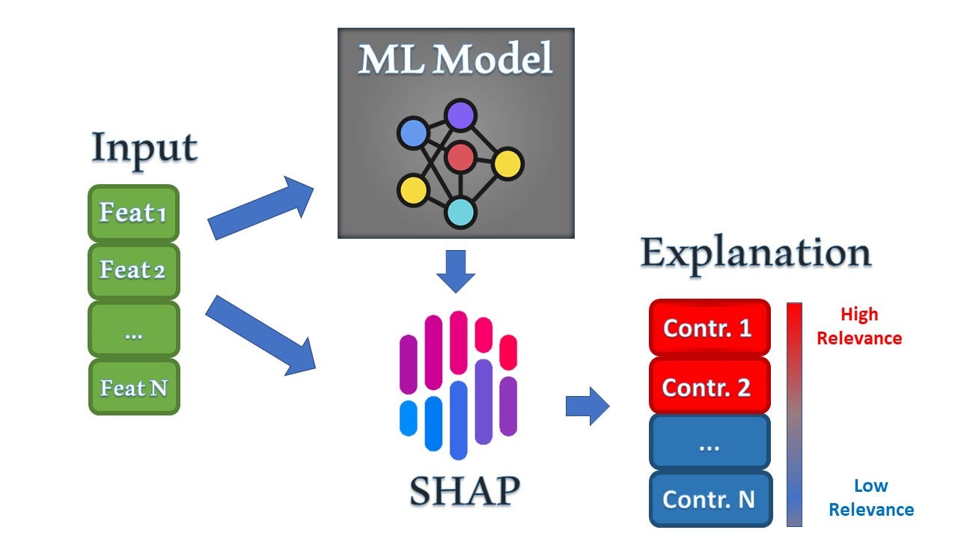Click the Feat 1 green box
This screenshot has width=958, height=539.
point(133,213)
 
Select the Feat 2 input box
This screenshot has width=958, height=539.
point(133,270)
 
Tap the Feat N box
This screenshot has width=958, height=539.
point(133,388)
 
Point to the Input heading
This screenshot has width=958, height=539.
point(144,148)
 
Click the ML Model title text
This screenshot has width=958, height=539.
point(455,59)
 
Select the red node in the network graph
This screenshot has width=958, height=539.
point(460,156)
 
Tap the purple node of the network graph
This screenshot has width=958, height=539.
point(461,115)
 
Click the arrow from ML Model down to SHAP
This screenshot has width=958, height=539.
point(455,271)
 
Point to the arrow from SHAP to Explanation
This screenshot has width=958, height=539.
point(588,406)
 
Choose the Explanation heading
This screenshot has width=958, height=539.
point(755,254)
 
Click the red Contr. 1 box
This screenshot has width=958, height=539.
point(708,329)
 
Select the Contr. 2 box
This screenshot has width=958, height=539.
point(708,386)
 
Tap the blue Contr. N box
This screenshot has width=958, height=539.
point(708,499)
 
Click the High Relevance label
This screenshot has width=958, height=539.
point(858,326)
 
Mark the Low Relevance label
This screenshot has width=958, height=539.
point(870,498)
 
